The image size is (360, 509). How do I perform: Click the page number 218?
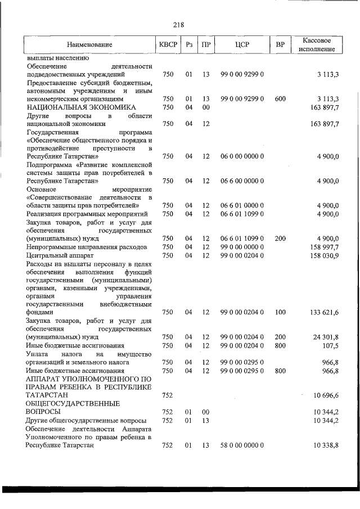pyautogui.click(x=179, y=24)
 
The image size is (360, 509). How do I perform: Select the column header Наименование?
pyautogui.click(x=89, y=44)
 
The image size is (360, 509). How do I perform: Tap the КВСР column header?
pyautogui.click(x=168, y=44)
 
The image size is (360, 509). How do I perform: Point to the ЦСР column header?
pyautogui.click(x=242, y=44)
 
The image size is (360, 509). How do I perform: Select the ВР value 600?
pyautogui.click(x=280, y=99)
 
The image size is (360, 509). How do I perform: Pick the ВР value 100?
pyautogui.click(x=280, y=312)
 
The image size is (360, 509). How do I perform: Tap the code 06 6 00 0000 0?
pyautogui.click(x=242, y=181)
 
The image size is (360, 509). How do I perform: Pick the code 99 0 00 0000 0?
pyautogui.click(x=242, y=247)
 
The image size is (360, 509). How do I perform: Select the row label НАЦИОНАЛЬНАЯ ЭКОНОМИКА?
pyautogui.click(x=81, y=107)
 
